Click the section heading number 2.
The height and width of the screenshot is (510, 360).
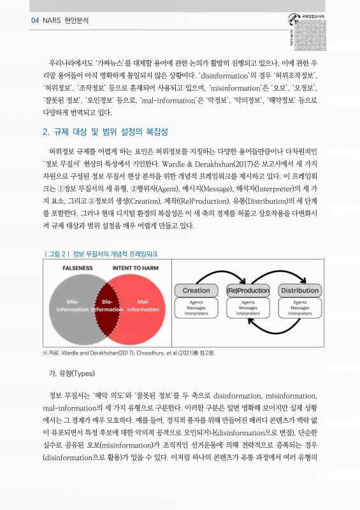point(45,132)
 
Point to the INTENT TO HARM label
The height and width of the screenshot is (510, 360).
point(136,268)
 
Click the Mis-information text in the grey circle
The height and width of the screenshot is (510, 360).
point(73,305)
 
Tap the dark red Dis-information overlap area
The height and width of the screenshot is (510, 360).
point(107,305)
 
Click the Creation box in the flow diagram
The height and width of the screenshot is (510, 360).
point(196,291)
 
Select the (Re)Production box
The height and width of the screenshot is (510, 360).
point(248,291)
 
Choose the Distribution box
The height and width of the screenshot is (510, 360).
point(300,291)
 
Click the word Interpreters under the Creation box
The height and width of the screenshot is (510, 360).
point(196,314)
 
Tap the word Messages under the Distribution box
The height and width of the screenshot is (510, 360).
point(300,308)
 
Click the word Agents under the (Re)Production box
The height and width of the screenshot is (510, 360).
point(248,302)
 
